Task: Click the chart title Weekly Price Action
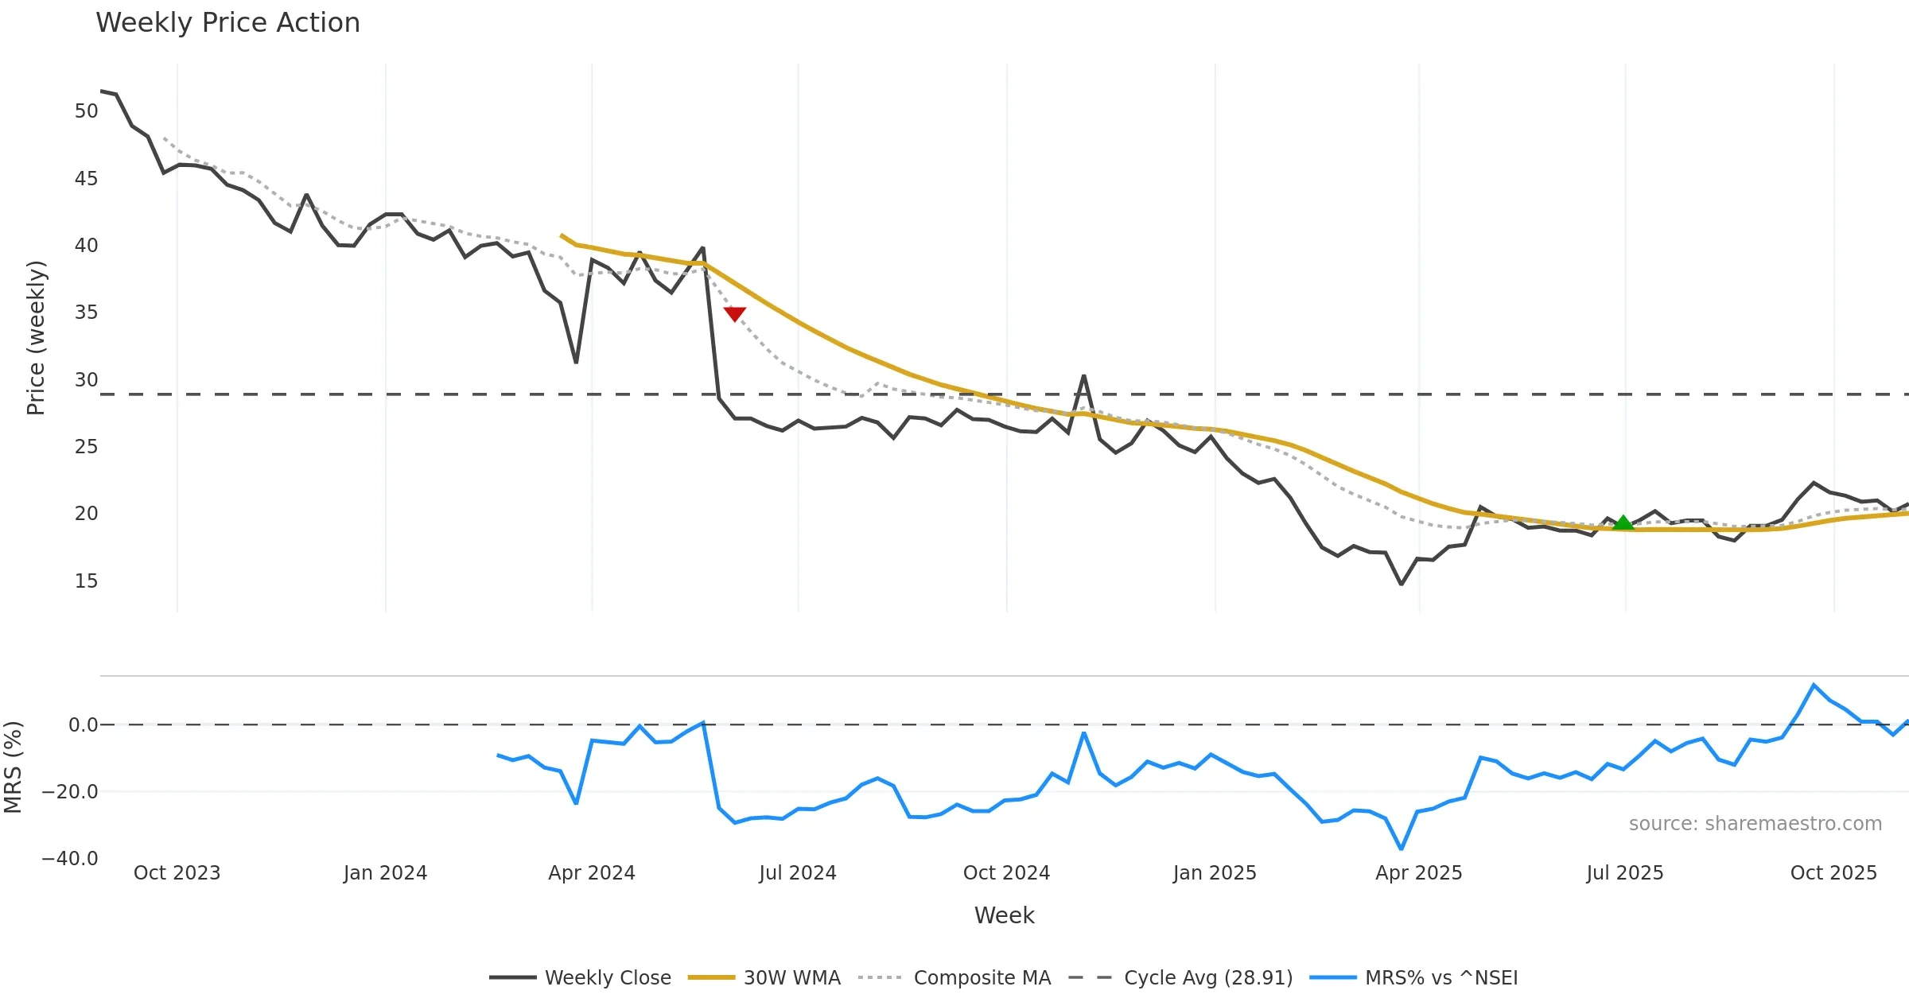(x=227, y=23)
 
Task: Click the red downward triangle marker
(x=735, y=314)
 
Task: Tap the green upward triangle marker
(x=1623, y=522)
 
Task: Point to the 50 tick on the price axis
(x=86, y=111)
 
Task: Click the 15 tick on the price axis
(x=86, y=581)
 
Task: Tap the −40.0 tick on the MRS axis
(x=70, y=859)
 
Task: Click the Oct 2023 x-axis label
(x=177, y=873)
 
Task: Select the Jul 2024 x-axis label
(x=798, y=873)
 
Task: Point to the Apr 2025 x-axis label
(x=1419, y=873)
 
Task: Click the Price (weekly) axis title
(x=36, y=338)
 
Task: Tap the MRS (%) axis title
(x=13, y=767)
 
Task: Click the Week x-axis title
(x=1005, y=916)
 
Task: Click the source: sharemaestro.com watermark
(x=1755, y=824)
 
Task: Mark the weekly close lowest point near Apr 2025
(x=1402, y=584)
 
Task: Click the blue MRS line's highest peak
(x=1814, y=685)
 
